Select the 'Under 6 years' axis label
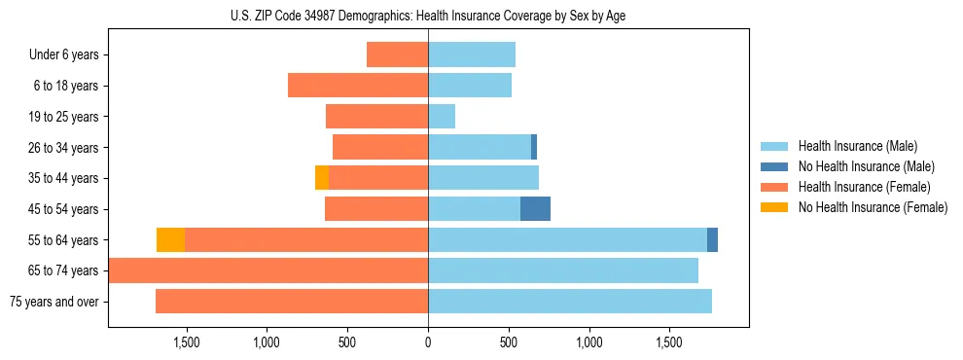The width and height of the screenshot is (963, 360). click(64, 55)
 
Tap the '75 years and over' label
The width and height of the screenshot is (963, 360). click(54, 302)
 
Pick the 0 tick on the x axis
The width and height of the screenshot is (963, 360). click(428, 342)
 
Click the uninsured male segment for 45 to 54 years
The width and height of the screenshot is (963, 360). click(535, 209)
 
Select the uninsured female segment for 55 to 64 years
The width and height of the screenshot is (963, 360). click(171, 240)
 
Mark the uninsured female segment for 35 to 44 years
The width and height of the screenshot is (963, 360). click(322, 178)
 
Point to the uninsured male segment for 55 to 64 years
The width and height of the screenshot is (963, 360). click(712, 240)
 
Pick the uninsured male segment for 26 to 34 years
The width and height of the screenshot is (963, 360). click(534, 148)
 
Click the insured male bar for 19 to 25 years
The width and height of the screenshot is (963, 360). click(442, 117)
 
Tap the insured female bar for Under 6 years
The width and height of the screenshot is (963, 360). click(397, 55)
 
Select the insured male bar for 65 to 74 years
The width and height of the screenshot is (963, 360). click(563, 270)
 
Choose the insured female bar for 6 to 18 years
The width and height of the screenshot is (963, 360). click(358, 86)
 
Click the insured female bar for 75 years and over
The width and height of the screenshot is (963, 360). click(292, 302)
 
